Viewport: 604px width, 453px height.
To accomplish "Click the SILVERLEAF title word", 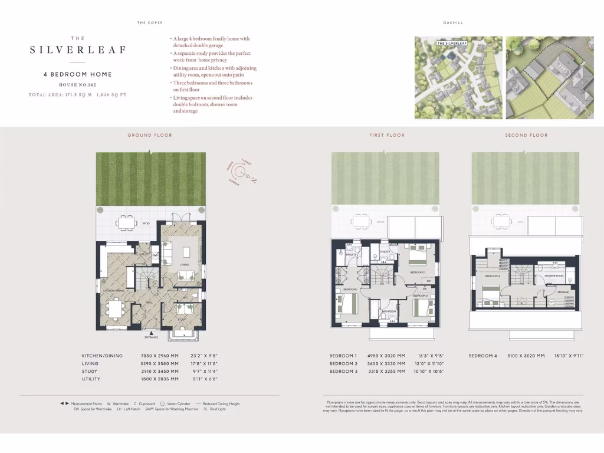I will (x=78, y=50).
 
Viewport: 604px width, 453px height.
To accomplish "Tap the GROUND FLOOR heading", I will (x=150, y=135).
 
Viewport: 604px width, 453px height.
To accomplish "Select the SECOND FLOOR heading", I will (x=526, y=135).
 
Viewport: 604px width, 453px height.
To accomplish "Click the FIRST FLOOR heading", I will (x=387, y=135).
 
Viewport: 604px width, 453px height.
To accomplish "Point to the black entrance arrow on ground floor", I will (x=152, y=333).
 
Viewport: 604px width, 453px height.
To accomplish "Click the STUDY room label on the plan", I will (x=182, y=319).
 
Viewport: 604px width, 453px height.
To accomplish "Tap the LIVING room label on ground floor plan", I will (x=183, y=265).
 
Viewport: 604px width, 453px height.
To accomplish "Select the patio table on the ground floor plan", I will (x=126, y=222).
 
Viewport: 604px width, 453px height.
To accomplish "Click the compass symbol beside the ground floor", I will (x=240, y=172).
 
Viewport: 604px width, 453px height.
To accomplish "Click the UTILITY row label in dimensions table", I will (x=91, y=379).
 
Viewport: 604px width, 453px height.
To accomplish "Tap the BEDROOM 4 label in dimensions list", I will (x=484, y=356).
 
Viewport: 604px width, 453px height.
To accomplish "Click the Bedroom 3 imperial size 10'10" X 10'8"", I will (x=429, y=372).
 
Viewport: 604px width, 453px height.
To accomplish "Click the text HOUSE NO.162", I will (x=77, y=85).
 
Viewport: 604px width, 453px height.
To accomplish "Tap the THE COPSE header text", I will (x=150, y=23).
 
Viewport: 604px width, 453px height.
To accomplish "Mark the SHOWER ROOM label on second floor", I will (x=554, y=275).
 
